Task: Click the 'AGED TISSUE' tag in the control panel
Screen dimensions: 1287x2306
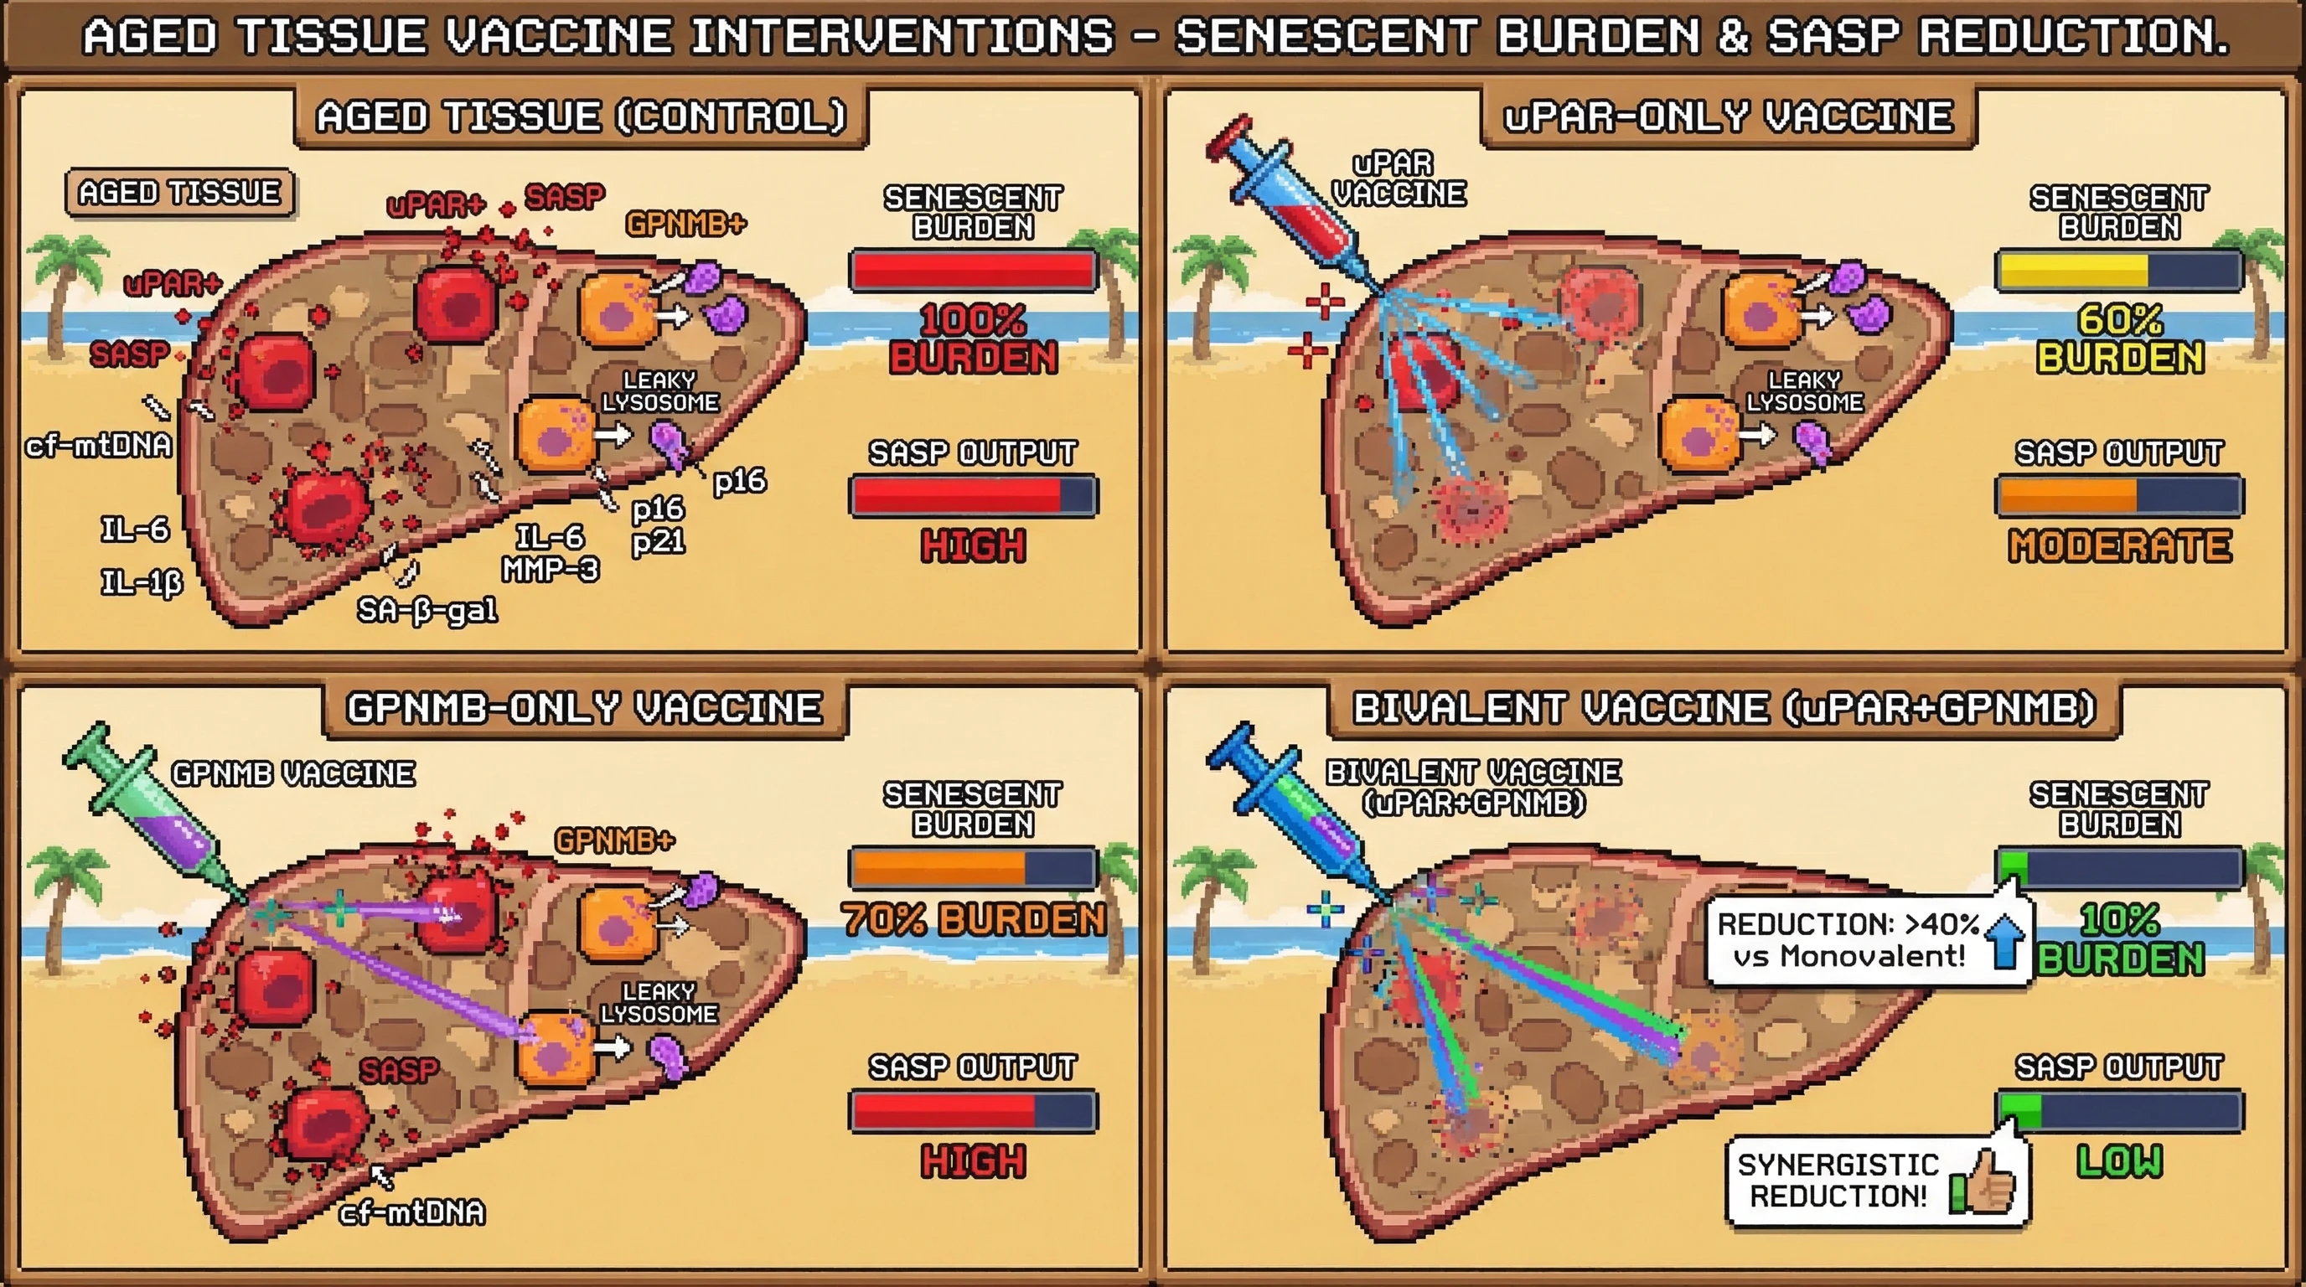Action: point(179,193)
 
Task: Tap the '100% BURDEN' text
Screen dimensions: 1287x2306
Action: point(973,339)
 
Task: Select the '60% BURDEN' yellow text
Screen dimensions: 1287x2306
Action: point(2119,339)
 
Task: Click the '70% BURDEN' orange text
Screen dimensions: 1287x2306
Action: point(973,919)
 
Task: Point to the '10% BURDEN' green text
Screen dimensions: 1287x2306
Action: point(2119,938)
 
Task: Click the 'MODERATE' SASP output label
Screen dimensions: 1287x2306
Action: point(2119,546)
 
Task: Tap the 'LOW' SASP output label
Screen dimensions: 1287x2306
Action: point(2119,1160)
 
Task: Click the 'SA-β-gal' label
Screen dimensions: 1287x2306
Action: point(427,610)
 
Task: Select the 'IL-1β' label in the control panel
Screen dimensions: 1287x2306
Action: point(142,582)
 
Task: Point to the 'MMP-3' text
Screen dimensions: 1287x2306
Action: point(550,569)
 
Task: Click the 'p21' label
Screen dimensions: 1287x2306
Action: point(658,540)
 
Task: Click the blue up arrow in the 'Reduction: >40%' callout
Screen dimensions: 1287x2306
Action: point(2004,941)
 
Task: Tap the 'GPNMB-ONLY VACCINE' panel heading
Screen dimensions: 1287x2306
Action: point(584,709)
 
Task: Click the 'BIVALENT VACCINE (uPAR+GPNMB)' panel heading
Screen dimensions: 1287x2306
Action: point(1724,709)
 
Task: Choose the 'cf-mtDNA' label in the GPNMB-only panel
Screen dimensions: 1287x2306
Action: point(412,1212)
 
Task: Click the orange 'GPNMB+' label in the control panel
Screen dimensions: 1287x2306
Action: point(685,224)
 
